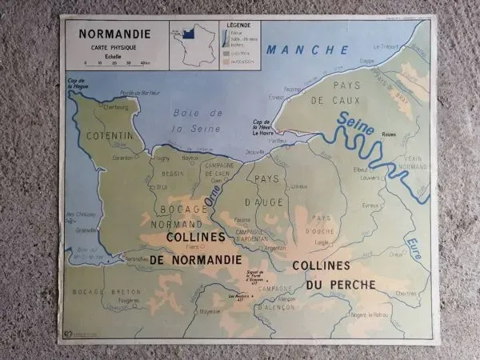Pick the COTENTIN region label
[110, 136]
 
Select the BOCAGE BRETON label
[106, 292]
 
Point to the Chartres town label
[406, 293]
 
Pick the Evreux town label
[369, 205]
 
